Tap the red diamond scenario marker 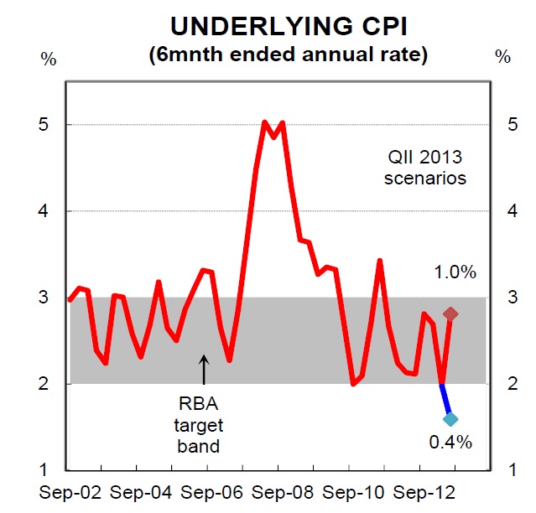point(450,313)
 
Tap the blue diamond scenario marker point(450,418)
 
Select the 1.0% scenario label point(455,272)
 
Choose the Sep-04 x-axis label point(140,491)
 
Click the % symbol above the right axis point(502,58)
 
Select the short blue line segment point(445,401)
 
